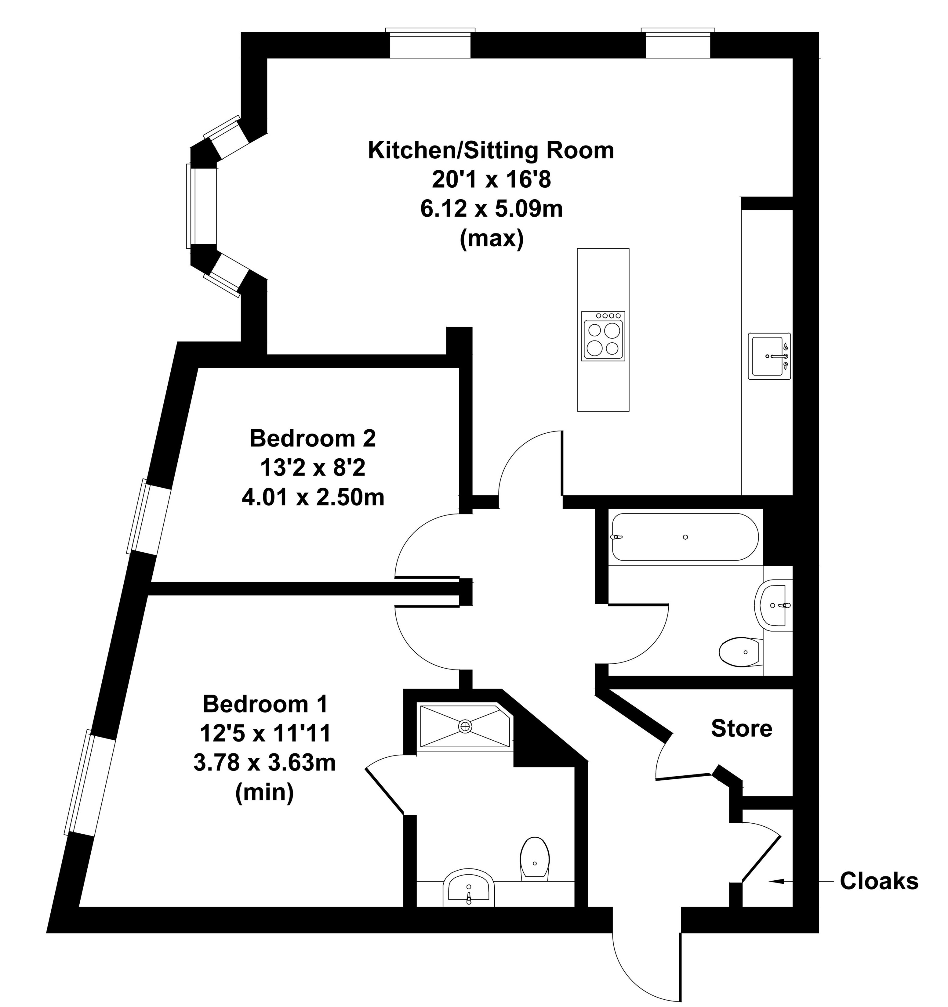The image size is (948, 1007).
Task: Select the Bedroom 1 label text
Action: click(x=265, y=704)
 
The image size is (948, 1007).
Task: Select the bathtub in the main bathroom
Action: click(x=685, y=537)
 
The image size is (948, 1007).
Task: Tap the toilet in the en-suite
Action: click(x=535, y=857)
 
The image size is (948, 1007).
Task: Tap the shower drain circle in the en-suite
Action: click(x=465, y=726)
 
